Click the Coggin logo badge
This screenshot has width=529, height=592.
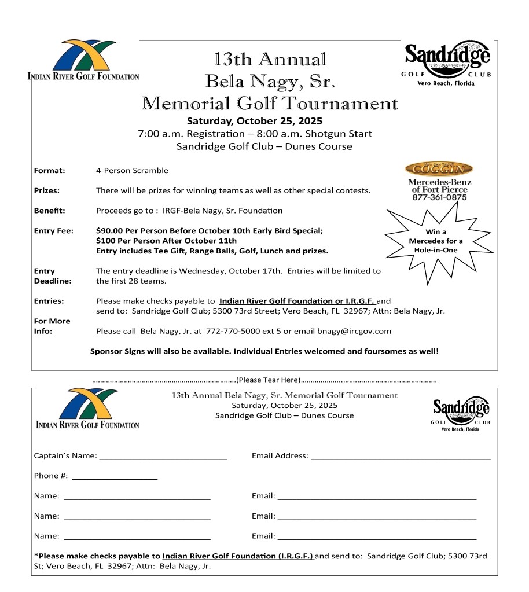[x=439, y=169]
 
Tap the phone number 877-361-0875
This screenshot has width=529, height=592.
[x=439, y=197]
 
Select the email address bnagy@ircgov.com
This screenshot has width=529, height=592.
[x=354, y=332]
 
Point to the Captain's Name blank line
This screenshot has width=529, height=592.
[x=163, y=457]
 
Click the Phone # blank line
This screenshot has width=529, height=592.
[x=115, y=477]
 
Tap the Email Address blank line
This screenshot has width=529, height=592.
[x=401, y=457]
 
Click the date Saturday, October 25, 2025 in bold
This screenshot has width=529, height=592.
[x=255, y=122]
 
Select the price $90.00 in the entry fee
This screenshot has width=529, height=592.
[x=109, y=230]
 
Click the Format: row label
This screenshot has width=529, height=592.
[x=49, y=171]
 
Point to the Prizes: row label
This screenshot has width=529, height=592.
[x=47, y=190]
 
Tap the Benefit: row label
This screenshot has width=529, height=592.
[x=49, y=210]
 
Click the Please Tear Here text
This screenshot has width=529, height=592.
[x=268, y=380]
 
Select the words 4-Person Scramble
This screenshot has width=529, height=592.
[x=132, y=171]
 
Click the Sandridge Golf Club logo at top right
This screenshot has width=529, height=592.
[x=446, y=62]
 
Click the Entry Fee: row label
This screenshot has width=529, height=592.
[x=53, y=231]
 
